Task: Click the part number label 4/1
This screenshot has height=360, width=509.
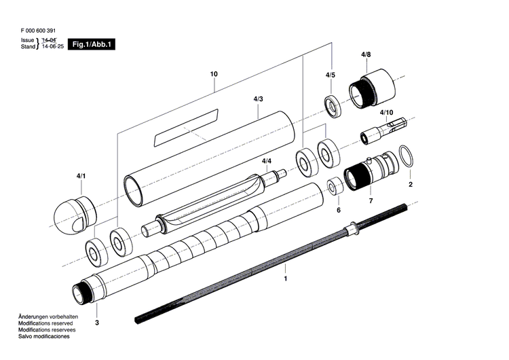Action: (x=81, y=177)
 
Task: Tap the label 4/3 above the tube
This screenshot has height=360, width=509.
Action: (x=258, y=99)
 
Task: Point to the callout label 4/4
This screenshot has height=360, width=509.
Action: (x=267, y=161)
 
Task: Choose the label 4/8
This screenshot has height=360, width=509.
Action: (x=366, y=54)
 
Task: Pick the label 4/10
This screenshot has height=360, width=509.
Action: (x=386, y=112)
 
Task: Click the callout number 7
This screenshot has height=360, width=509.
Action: (x=371, y=202)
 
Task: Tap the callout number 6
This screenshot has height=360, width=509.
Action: (x=339, y=210)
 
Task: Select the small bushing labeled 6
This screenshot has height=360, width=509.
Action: (x=335, y=187)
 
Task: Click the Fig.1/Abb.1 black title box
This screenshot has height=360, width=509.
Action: (x=94, y=44)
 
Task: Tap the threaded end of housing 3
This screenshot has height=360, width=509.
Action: (x=81, y=293)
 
